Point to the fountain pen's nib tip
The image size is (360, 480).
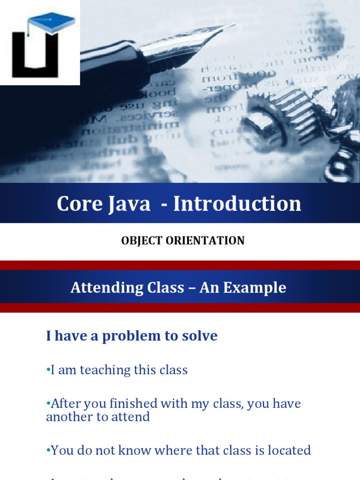coord(232,25)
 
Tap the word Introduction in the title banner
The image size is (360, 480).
coord(237,204)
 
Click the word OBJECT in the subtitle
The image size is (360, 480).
coord(140,241)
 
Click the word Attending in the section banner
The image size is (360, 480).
coord(103,288)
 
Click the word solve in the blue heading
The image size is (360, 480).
coord(201,336)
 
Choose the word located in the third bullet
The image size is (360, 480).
coord(287,450)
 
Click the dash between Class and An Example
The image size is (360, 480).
coord(192,288)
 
